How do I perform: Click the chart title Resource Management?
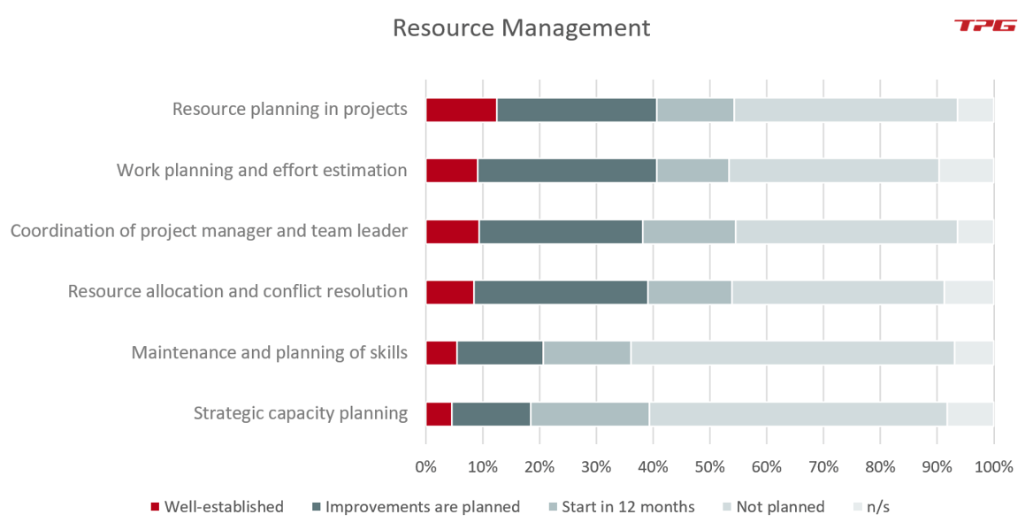point(521,27)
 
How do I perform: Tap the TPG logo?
point(985,26)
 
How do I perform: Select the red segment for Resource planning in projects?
point(461,110)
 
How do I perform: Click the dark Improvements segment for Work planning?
point(567,171)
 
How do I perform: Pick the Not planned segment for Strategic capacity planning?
point(798,414)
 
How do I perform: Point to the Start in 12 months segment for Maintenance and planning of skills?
point(586,353)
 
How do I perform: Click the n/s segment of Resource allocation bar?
point(968,292)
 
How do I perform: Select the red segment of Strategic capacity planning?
point(439,414)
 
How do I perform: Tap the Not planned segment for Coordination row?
point(846,232)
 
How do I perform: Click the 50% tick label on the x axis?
point(709,466)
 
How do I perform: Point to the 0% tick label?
point(425,466)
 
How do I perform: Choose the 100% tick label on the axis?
point(992,466)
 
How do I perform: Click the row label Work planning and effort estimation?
point(262,170)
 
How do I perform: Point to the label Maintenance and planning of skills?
point(269,353)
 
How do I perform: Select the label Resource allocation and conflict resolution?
point(237,292)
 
